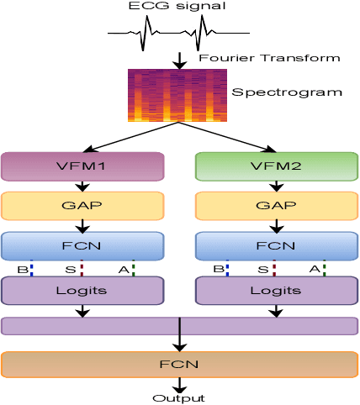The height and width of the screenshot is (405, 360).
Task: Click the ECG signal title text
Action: point(178,7)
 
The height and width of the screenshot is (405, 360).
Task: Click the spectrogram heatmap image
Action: point(177,95)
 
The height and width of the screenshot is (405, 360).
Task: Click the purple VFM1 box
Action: point(82,166)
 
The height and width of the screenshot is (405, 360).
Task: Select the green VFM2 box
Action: point(276,166)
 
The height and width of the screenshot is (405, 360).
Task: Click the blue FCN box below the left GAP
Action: point(82,246)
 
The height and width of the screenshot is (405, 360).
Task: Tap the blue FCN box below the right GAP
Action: point(276,246)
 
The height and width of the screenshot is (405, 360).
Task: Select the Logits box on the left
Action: point(82,290)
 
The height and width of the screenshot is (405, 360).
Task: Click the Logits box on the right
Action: point(276,290)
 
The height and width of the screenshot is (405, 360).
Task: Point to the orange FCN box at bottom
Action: point(179,365)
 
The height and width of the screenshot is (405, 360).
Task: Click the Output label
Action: point(178,397)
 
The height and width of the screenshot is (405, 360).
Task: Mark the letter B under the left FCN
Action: point(23,270)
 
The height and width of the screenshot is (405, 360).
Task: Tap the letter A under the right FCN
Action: point(314,270)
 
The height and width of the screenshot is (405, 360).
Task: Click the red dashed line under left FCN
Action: point(82,269)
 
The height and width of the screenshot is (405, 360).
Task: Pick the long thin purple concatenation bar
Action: point(179,326)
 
